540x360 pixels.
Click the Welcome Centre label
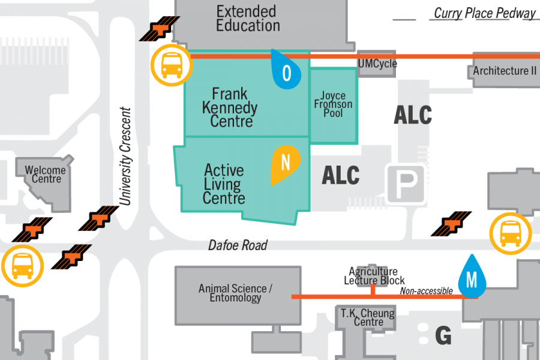(46, 175)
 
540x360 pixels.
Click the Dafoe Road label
(238, 245)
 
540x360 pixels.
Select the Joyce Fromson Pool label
(333, 104)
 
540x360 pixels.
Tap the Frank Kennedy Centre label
(230, 108)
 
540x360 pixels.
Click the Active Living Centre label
(224, 184)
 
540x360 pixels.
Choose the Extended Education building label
(247, 19)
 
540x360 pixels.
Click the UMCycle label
(377, 64)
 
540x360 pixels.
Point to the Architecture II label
(505, 71)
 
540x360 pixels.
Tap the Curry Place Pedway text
(485, 13)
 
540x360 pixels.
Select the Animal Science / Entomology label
(235, 293)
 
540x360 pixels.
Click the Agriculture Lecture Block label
(374, 276)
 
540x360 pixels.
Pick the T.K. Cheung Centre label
(368, 317)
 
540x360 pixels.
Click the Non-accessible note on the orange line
(426, 291)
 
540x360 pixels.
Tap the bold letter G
(443, 336)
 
